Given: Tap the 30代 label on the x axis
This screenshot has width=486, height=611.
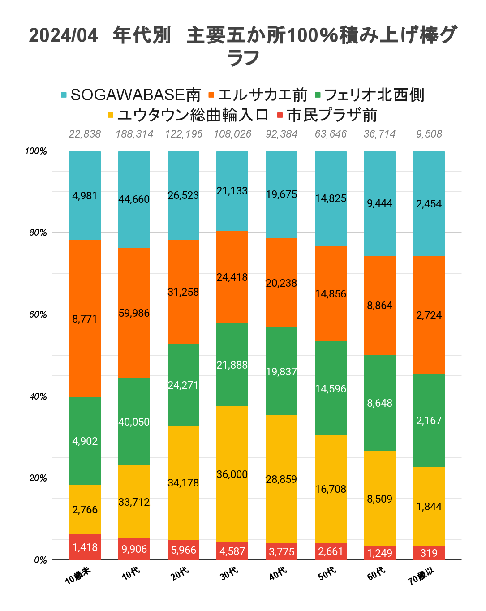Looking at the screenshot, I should [x=229, y=573].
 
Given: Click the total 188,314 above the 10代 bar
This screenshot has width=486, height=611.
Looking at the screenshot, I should [x=134, y=134].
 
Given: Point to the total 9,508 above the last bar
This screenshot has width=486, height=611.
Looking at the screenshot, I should [x=429, y=134].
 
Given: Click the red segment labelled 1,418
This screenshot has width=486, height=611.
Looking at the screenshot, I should [x=85, y=547].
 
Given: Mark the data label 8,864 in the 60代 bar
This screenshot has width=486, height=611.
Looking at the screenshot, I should [x=379, y=305].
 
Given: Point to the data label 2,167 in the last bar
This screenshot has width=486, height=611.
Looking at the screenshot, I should [x=429, y=421].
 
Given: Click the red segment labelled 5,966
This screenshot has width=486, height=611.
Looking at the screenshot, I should [x=183, y=550].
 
